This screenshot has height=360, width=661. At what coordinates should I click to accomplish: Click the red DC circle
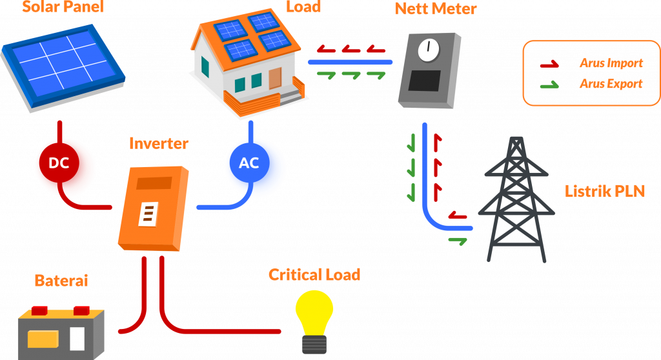[x=59, y=163]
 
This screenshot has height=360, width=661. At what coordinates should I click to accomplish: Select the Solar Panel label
[x=63, y=8]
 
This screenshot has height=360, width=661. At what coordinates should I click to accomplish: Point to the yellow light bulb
[x=314, y=317]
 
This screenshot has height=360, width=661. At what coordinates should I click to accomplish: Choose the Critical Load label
[x=314, y=275]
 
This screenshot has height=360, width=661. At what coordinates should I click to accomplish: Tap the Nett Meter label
[x=436, y=8]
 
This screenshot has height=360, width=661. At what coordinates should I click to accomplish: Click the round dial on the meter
[x=427, y=50]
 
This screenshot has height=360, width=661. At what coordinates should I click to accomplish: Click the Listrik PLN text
[x=605, y=191]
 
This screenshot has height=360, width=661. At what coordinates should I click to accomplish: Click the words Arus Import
[x=611, y=63]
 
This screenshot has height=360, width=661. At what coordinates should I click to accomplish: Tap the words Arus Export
[x=611, y=84]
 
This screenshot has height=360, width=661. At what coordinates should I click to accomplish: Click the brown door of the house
[x=276, y=78]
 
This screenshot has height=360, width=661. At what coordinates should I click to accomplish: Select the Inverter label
[x=159, y=143]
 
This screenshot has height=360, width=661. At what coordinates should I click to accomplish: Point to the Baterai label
[x=61, y=281]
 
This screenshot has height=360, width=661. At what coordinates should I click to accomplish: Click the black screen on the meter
[x=425, y=80]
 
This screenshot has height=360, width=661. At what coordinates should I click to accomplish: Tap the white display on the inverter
[x=148, y=214]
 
